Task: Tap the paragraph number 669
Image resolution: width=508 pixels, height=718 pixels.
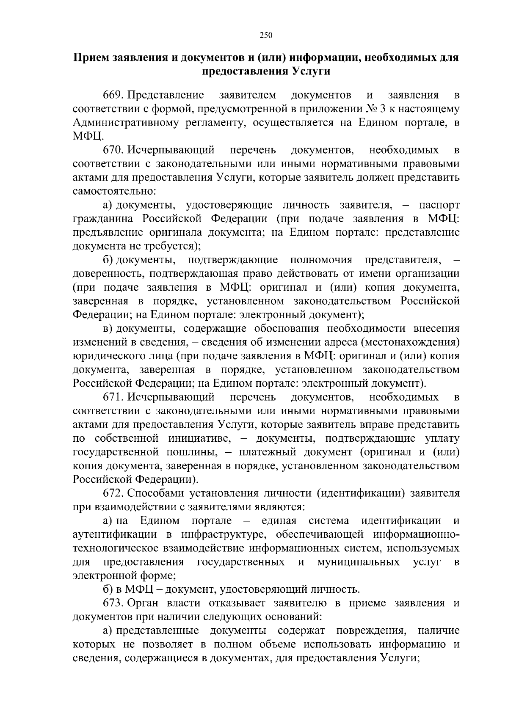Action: pyautogui.click(x=113, y=95)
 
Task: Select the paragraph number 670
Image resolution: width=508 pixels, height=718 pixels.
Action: pyautogui.click(x=113, y=150)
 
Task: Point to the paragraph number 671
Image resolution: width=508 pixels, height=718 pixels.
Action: pyautogui.click(x=113, y=397)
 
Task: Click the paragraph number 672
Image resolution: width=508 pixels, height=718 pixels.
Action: pyautogui.click(x=113, y=493)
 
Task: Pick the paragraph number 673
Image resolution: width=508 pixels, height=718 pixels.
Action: pyautogui.click(x=113, y=603)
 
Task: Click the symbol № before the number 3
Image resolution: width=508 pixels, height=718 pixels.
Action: pyautogui.click(x=371, y=109)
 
